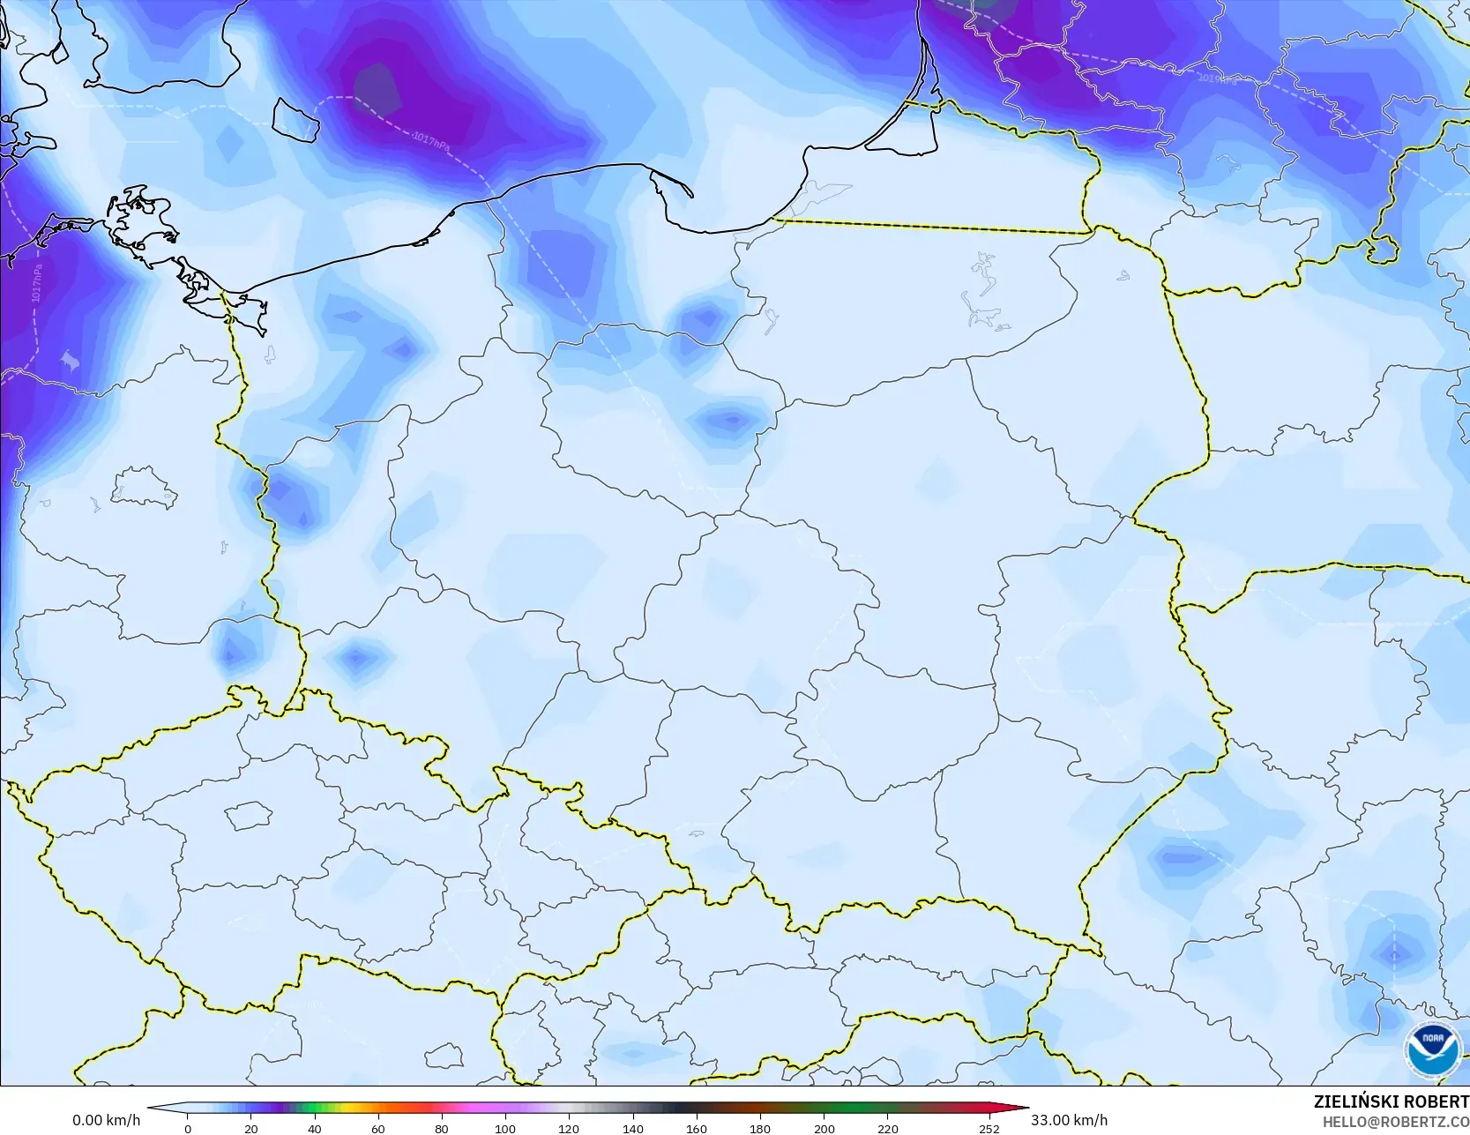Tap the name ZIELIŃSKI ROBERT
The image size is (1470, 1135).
coord(1391,1101)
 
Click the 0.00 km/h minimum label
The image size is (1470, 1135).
coord(106,1120)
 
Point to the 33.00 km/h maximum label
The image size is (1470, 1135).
coord(1069,1120)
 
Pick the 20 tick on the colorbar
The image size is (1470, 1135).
coord(251,1128)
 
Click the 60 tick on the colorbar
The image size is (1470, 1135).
coord(378,1128)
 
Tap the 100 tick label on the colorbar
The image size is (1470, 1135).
coord(505,1128)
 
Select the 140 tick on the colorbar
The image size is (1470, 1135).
coord(632,1128)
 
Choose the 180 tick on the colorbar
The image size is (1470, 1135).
coord(760,1128)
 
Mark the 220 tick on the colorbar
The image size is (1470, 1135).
coord(887,1128)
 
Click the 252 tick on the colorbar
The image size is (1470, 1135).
coord(989,1128)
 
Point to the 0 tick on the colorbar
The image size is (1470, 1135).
coord(188,1128)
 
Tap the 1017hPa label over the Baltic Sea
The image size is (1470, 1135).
coord(431,141)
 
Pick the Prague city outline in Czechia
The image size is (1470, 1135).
coord(249,816)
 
